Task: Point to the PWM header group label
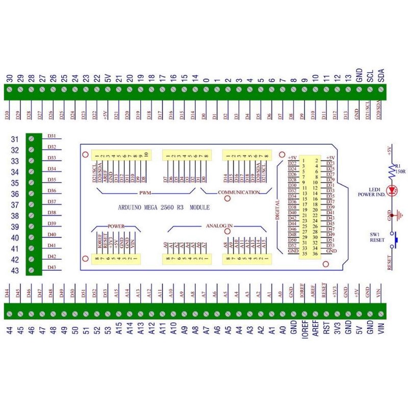(147, 193)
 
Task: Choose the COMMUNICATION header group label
(239, 192)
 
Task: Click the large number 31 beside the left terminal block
(15, 139)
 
